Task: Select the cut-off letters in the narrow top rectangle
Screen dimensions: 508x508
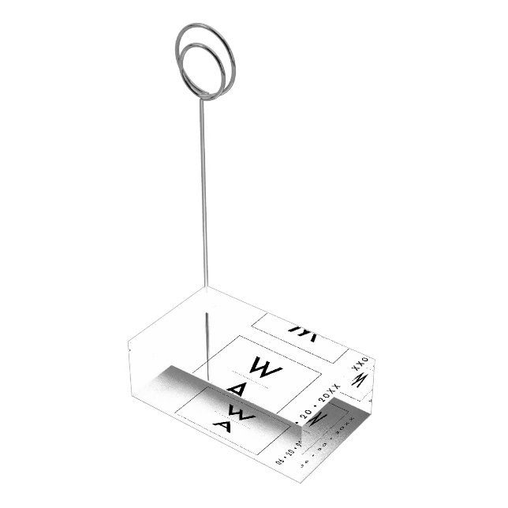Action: tap(301, 327)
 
